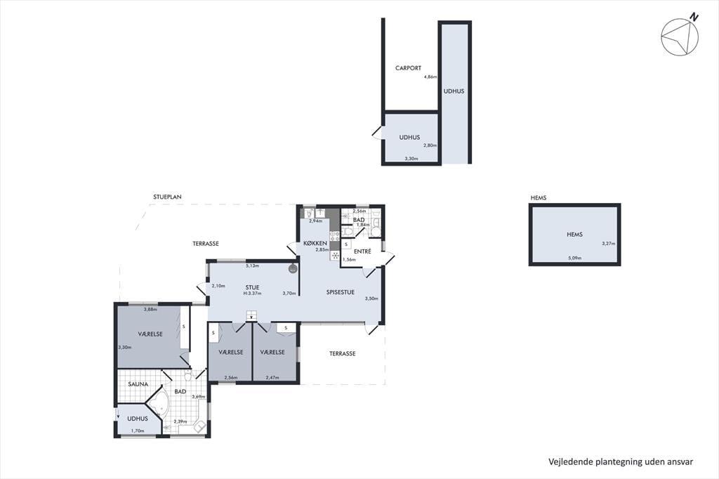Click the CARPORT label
pos(408,68)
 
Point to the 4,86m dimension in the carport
pos(430,77)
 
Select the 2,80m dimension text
pos(430,145)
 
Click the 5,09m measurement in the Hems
pos(574,258)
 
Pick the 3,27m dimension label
pos(609,244)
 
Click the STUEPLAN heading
pos(167,197)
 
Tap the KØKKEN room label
pos(315,243)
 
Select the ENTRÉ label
pos(362,251)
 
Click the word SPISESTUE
pos(341,292)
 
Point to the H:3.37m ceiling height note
pos(252,293)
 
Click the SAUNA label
pos(138,384)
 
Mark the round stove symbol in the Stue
pos(293,269)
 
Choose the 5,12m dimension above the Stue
pos(253,265)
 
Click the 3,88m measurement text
pos(150,309)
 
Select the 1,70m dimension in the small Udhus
pos(138,431)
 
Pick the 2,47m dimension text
pos(272,378)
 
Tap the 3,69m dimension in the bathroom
pos(199,397)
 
